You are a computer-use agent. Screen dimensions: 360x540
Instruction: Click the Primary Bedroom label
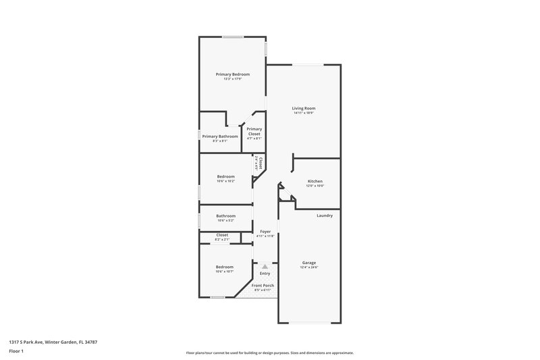[233, 74]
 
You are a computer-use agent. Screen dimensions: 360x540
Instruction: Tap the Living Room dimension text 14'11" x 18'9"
[304, 113]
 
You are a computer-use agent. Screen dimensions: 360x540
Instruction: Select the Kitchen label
[315, 181]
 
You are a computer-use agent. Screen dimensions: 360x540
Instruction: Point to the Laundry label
[325, 215]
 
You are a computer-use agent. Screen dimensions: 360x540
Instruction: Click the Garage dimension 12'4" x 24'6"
[309, 267]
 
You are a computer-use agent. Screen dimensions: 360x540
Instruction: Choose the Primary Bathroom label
[220, 136]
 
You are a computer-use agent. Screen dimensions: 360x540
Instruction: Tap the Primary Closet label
[254, 132]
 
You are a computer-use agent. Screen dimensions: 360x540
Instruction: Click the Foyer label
[265, 231]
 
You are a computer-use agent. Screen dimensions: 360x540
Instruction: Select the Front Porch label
[263, 286]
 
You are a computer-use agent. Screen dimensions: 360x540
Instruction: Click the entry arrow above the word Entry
[265, 267]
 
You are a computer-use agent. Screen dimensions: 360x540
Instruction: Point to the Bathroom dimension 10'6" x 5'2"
[225, 221]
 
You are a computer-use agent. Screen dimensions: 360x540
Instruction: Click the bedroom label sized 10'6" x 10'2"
[225, 176]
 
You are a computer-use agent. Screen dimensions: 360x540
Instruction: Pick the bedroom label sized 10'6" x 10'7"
[224, 267]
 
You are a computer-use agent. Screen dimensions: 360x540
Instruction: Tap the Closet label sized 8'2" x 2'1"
[222, 235]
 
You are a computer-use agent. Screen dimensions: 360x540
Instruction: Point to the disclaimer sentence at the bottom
[269, 353]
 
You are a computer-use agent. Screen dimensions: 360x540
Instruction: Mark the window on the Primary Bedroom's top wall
[234, 36]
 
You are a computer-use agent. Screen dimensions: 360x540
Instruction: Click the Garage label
[309, 263]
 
